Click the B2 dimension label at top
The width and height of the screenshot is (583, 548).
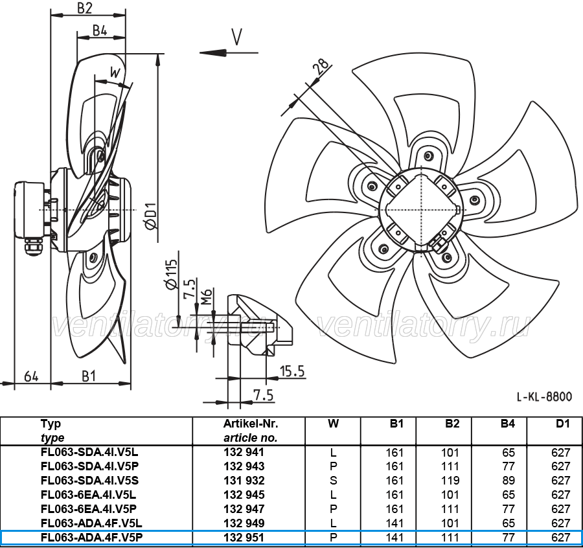pos(85,8)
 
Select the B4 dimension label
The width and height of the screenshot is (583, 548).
pos(100,30)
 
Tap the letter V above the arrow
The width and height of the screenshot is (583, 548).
pos(236,36)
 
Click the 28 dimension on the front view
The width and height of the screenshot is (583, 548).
pos(321,66)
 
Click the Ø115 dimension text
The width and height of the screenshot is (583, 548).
pos(171,275)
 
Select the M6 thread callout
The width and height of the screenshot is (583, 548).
pos(207,296)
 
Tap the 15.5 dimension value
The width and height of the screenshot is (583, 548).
pos(292,371)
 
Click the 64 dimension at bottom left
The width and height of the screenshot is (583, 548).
pos(31,376)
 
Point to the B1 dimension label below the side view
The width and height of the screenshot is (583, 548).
pos(89,376)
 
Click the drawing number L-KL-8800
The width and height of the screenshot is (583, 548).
pos(544,397)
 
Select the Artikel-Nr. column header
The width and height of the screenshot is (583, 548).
pos(251,424)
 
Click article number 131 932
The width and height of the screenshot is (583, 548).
pos(244,481)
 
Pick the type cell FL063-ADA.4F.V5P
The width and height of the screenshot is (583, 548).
pos(91,538)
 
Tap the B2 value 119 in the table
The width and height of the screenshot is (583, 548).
pos(450,481)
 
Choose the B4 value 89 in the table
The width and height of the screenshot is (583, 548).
pos(509,481)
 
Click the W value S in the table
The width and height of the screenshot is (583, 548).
pos(333,481)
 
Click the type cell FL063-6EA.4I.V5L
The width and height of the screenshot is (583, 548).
pos(89,495)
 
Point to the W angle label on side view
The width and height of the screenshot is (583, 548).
pos(115,72)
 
